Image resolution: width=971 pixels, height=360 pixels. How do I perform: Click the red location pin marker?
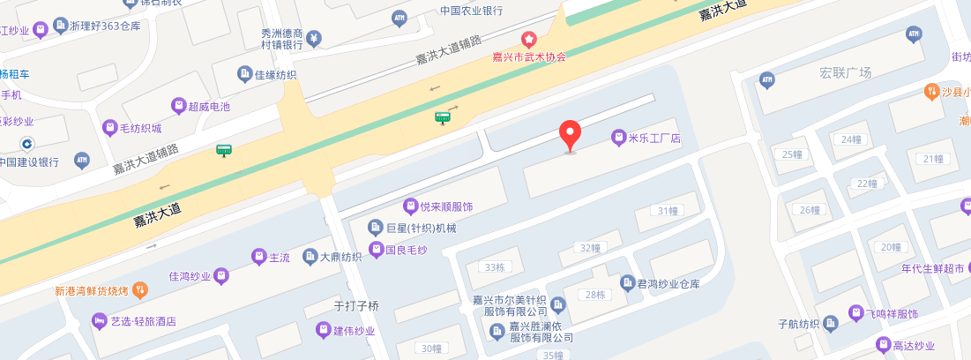[x=571, y=135]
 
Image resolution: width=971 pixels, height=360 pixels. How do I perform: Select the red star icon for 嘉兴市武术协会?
[x=529, y=40]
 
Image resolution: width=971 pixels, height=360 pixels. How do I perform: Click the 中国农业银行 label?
[x=472, y=11]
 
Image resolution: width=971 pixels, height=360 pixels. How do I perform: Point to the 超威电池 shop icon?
[x=179, y=107]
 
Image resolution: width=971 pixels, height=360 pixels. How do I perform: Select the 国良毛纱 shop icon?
[x=377, y=250]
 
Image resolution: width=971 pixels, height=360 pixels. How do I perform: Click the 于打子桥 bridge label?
[x=356, y=306]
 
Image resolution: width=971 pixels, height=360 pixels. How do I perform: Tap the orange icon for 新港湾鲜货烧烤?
[x=138, y=290]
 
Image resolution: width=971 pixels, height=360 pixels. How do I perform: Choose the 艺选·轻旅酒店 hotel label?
[x=143, y=321]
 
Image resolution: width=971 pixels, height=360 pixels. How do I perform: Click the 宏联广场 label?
[x=845, y=72]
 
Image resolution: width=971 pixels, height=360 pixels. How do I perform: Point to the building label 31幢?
[x=668, y=211]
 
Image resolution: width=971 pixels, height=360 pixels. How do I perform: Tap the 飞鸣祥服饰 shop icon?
[x=855, y=313]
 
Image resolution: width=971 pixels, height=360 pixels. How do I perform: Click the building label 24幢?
[x=851, y=139]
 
